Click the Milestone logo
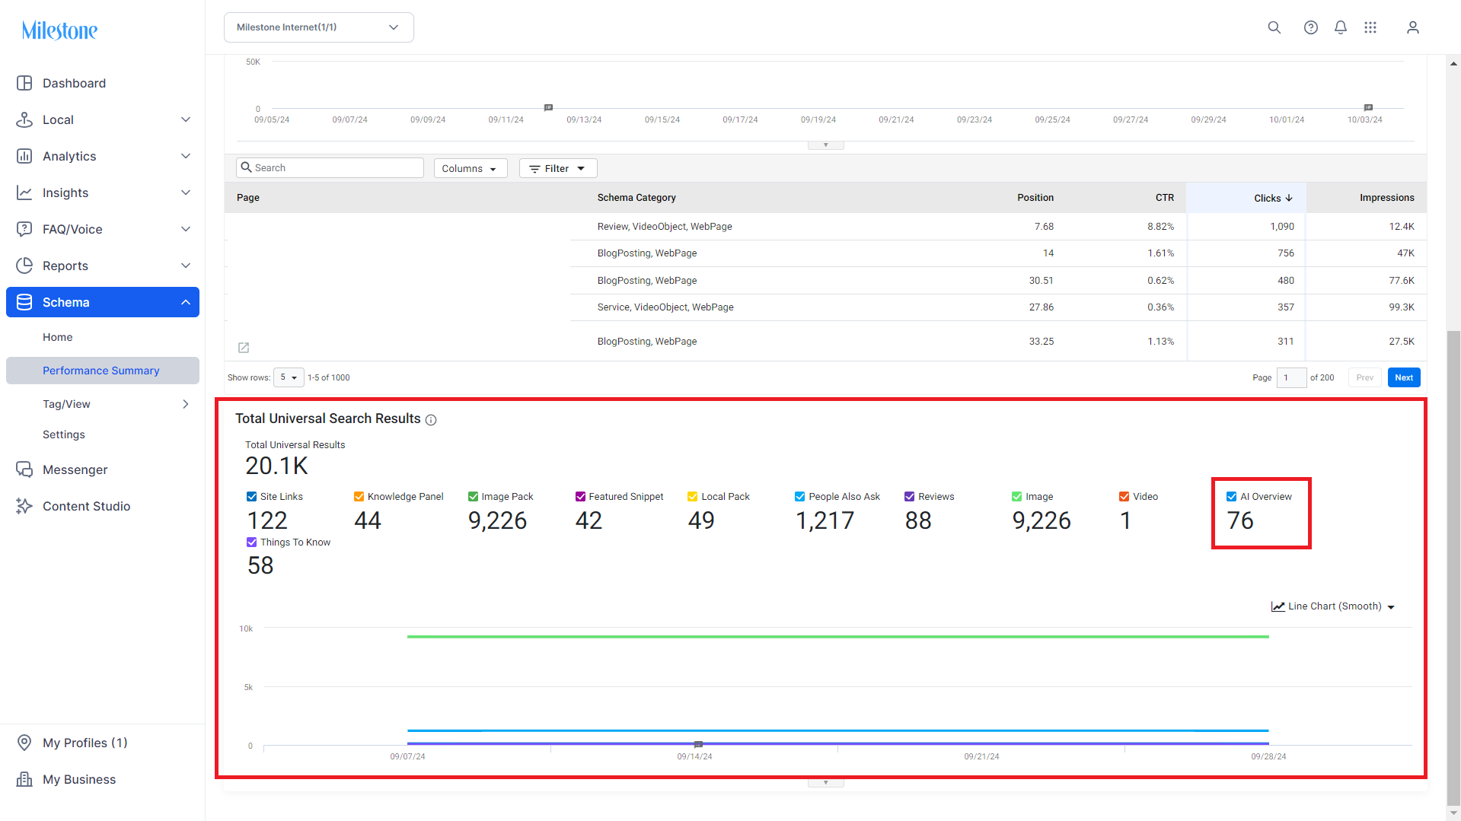click(x=59, y=30)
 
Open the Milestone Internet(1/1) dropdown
click(x=318, y=27)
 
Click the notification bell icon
click(x=1341, y=27)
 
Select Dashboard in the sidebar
click(x=74, y=83)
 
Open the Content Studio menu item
click(x=86, y=506)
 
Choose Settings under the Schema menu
click(x=64, y=434)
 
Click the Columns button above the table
click(x=470, y=168)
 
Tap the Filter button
click(x=557, y=168)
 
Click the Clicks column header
click(x=1273, y=198)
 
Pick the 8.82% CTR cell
click(x=1160, y=227)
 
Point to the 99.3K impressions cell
click(x=1401, y=307)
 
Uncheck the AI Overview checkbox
click(x=1231, y=497)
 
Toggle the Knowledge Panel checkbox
click(x=359, y=497)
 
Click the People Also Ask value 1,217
click(x=825, y=520)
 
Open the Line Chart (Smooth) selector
click(x=1333, y=606)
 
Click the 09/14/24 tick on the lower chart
click(x=694, y=756)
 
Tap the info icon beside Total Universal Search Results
click(x=431, y=420)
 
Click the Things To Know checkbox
click(x=252, y=543)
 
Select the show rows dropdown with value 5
click(x=289, y=377)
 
